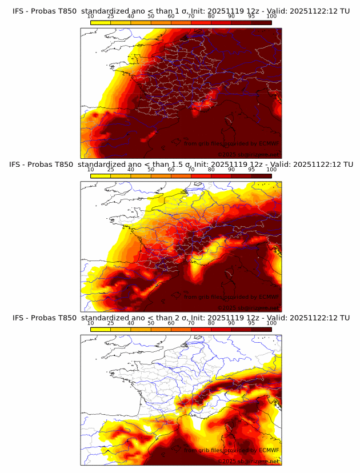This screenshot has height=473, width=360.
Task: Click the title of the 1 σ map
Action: click(181, 10)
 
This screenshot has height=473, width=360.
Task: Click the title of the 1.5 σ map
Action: click(181, 165)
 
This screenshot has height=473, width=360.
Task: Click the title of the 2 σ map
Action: click(181, 318)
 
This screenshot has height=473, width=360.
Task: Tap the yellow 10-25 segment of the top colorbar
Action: click(101, 22)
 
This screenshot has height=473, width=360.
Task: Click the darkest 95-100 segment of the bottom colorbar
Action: click(262, 330)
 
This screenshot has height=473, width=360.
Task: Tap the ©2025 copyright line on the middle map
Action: click(249, 307)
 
